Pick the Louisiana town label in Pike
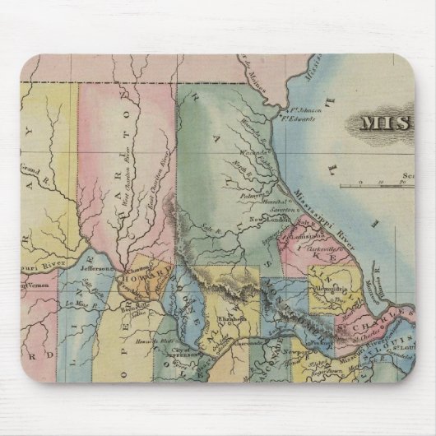click(299, 238)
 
